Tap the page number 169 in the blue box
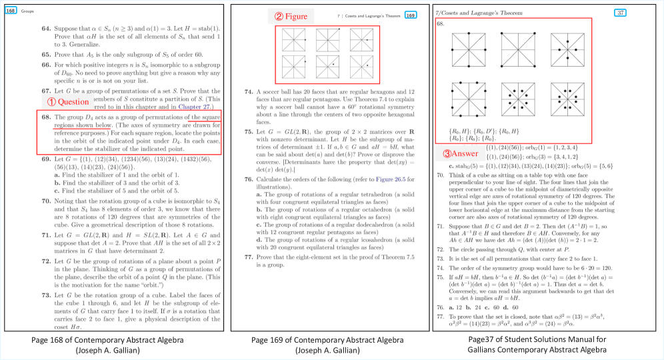point(411,15)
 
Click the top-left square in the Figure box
point(294,41)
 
